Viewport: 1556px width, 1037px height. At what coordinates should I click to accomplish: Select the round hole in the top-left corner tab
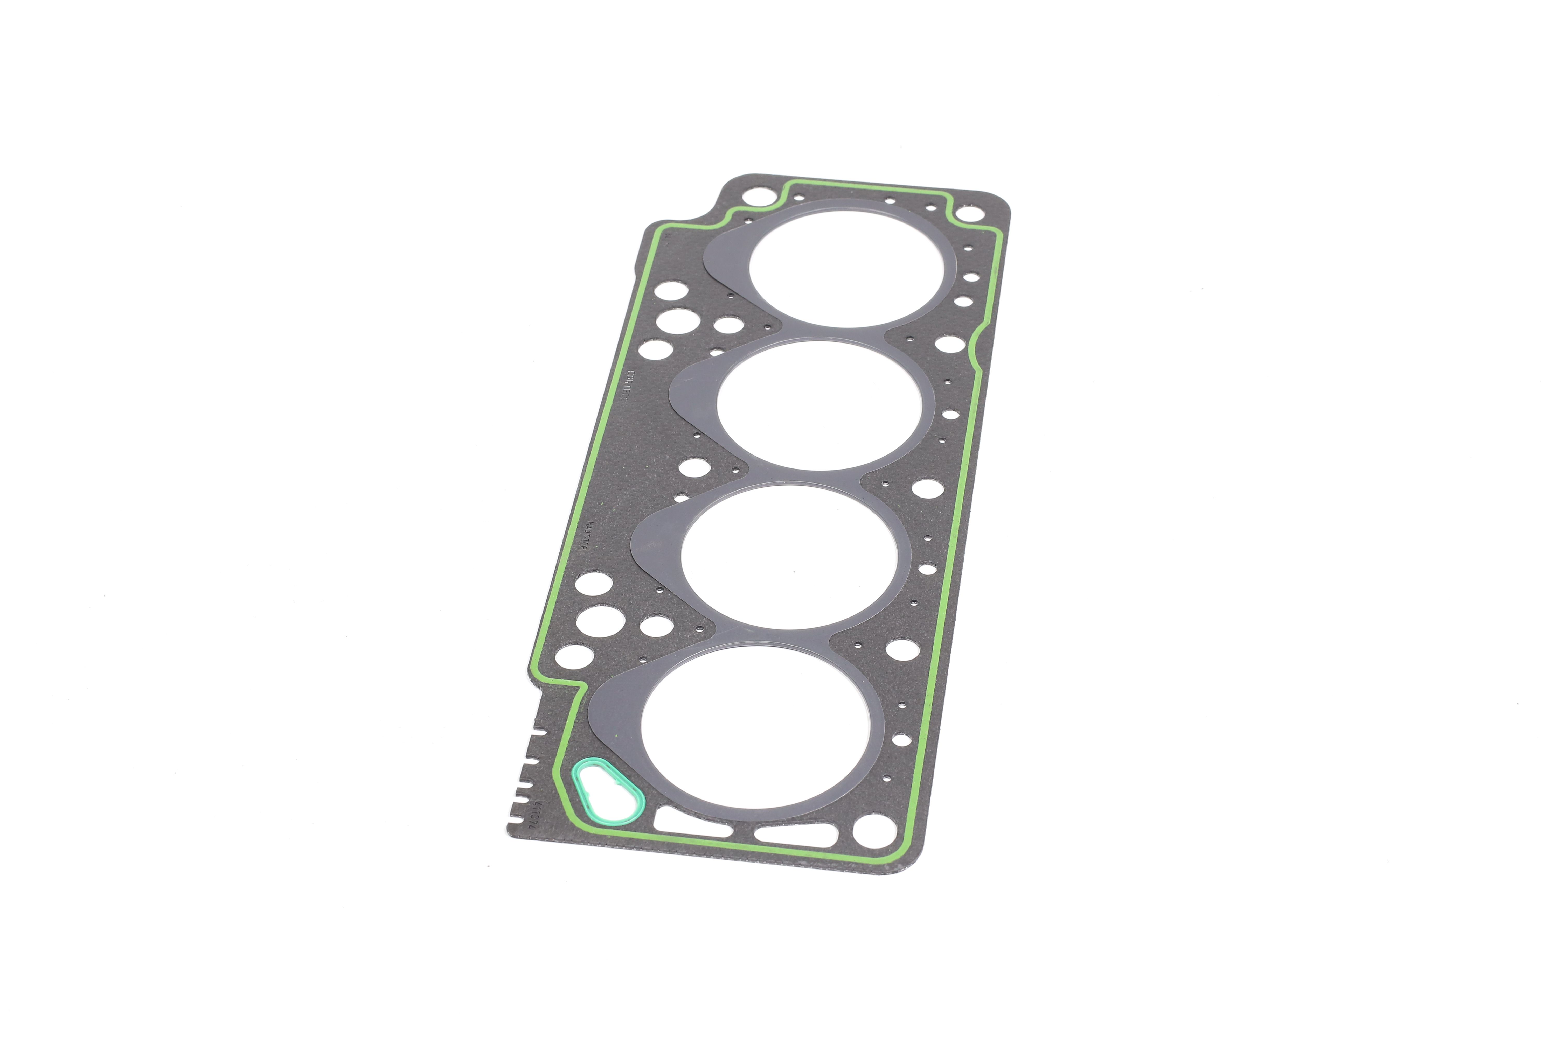pyautogui.click(x=753, y=197)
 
